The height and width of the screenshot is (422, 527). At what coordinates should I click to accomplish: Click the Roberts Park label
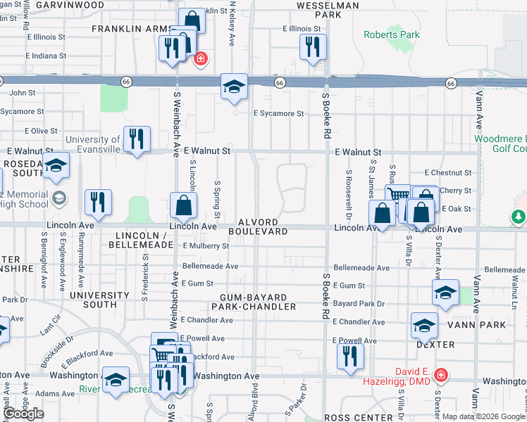tap(391, 34)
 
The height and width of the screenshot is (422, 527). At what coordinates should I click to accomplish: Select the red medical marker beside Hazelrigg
tap(441, 374)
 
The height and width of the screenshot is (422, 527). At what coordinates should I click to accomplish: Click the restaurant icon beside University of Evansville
tap(137, 138)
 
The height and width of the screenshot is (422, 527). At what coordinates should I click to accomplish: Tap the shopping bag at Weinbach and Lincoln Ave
tap(183, 205)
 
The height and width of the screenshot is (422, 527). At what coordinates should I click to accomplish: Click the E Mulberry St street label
tap(206, 246)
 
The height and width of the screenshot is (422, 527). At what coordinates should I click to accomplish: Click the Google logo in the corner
tap(24, 414)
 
